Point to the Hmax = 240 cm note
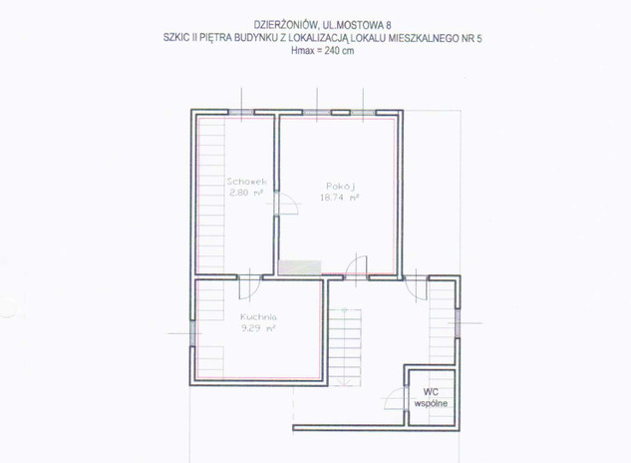click(x=323, y=51)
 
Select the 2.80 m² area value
click(x=246, y=193)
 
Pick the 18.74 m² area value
click(x=339, y=198)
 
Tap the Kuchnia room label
click(x=258, y=316)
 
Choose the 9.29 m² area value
click(x=258, y=328)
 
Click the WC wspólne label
click(x=431, y=398)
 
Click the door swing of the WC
click(x=394, y=398)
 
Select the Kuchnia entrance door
click(x=249, y=287)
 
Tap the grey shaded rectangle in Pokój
click(x=300, y=267)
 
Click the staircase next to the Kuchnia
click(x=345, y=347)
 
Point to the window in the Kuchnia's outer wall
click(x=192, y=333)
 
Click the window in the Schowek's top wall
click(x=241, y=113)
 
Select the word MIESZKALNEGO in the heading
click(x=428, y=38)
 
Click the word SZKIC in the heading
click(x=175, y=38)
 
